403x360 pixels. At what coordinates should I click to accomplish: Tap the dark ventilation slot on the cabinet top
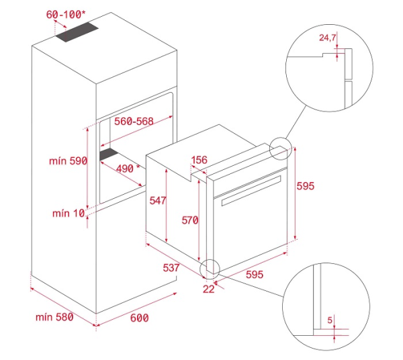pyautogui.click(x=77, y=33)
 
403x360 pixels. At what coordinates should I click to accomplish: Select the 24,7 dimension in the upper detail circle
pyautogui.click(x=327, y=38)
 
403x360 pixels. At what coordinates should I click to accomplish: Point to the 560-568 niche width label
pyautogui.click(x=134, y=122)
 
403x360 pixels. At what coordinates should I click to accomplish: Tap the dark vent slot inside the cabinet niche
pyautogui.click(x=108, y=156)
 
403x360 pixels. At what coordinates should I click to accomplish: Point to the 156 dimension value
pyautogui.click(x=199, y=160)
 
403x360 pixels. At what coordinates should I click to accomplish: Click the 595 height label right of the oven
pyautogui.click(x=306, y=185)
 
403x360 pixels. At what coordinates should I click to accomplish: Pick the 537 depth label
pyautogui.click(x=171, y=267)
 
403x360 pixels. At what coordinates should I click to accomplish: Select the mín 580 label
pyautogui.click(x=55, y=316)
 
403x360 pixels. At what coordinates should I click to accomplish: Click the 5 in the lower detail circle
pyautogui.click(x=330, y=320)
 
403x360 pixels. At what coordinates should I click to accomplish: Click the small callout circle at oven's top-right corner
pyautogui.click(x=281, y=149)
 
